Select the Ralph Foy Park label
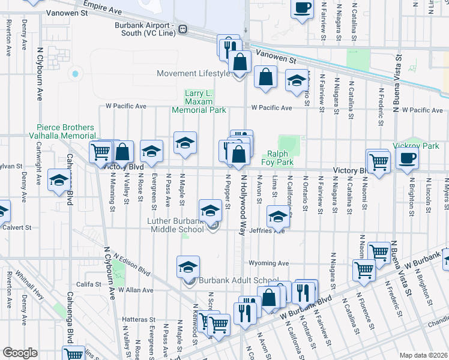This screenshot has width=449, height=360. pyautogui.click(x=277, y=158)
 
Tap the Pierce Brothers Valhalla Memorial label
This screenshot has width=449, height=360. pyautogui.click(x=66, y=132)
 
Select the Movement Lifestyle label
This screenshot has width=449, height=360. pyautogui.click(x=193, y=74)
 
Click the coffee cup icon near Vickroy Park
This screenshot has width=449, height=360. pyautogui.click(x=407, y=158)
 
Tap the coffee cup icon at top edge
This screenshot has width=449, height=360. pyautogui.click(x=302, y=8)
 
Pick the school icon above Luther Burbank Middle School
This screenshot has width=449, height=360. pyautogui.click(x=210, y=211)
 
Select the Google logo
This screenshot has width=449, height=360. pyautogui.click(x=20, y=353)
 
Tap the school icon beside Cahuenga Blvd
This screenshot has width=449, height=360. pyautogui.click(x=58, y=181)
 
